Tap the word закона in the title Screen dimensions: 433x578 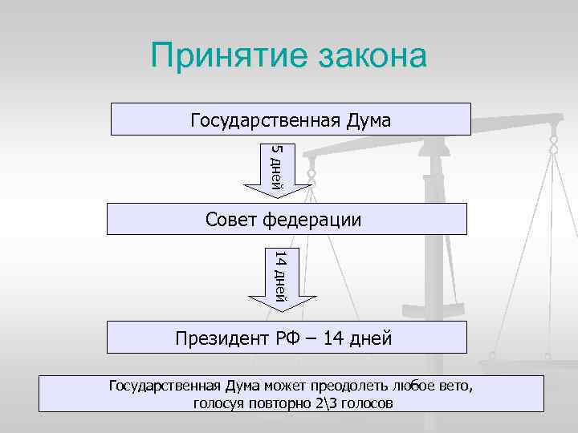pos(366,57)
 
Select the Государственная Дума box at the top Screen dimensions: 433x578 pos(290,119)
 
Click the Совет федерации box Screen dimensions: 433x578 pos(287,219)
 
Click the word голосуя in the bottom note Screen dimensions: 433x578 pos(221,403)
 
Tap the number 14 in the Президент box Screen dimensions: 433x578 pos(332,339)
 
